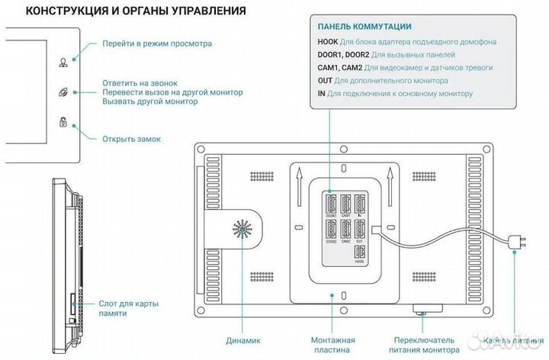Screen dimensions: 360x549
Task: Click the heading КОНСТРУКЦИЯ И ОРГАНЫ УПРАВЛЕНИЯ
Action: pos(125,11)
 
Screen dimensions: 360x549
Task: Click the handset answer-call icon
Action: pos(62,93)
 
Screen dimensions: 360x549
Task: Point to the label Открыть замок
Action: pos(132,139)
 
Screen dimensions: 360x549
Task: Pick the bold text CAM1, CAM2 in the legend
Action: pos(342,67)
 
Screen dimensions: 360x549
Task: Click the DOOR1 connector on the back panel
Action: pos(331,204)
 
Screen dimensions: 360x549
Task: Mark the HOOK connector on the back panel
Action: pos(360,256)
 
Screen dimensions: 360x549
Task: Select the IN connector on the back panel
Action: pos(360,204)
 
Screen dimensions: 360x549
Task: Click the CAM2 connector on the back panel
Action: pos(346,230)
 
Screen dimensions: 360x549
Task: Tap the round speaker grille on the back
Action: pos(242,230)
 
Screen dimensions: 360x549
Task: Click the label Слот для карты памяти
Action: pos(127,308)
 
